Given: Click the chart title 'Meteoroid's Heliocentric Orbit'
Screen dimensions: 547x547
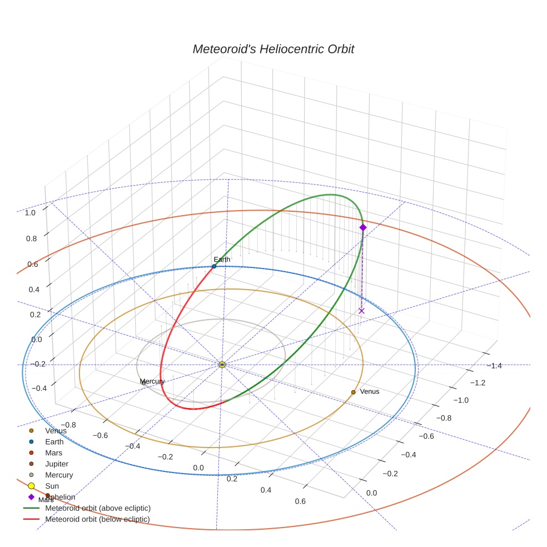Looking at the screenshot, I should [x=273, y=49].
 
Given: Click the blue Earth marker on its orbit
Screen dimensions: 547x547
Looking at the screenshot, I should [x=214, y=266].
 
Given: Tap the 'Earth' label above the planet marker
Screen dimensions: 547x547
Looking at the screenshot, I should [x=222, y=259].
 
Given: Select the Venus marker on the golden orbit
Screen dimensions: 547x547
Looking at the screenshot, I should [x=353, y=392].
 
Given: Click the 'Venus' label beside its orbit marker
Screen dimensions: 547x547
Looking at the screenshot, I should [x=370, y=391].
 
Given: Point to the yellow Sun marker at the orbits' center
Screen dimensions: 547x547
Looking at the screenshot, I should [x=222, y=365].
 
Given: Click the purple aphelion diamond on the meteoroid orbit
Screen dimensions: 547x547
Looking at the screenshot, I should [x=363, y=227].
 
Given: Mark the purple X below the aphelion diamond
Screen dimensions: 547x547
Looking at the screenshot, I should [x=361, y=311].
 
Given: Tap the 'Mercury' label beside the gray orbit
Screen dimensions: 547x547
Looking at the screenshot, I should [x=152, y=381].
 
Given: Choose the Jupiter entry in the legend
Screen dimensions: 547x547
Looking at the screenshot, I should [x=57, y=464].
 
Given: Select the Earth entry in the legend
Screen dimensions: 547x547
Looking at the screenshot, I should [x=54, y=442].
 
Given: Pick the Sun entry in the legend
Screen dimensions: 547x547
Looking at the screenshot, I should [x=52, y=486].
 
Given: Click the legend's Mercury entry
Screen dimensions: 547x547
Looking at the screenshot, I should [x=59, y=475].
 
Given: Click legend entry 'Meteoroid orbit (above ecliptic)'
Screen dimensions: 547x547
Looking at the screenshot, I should [x=98, y=508].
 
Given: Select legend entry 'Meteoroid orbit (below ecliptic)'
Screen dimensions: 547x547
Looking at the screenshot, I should [x=98, y=519].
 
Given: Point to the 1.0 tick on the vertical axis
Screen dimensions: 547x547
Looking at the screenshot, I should [x=30, y=212].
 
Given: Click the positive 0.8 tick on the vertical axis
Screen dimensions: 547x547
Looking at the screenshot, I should [x=31, y=238].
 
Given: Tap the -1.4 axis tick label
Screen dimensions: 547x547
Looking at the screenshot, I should [x=494, y=365].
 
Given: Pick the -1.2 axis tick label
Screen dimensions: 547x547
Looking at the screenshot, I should [x=478, y=382].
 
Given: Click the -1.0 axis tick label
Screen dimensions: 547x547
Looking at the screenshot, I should [x=461, y=400].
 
